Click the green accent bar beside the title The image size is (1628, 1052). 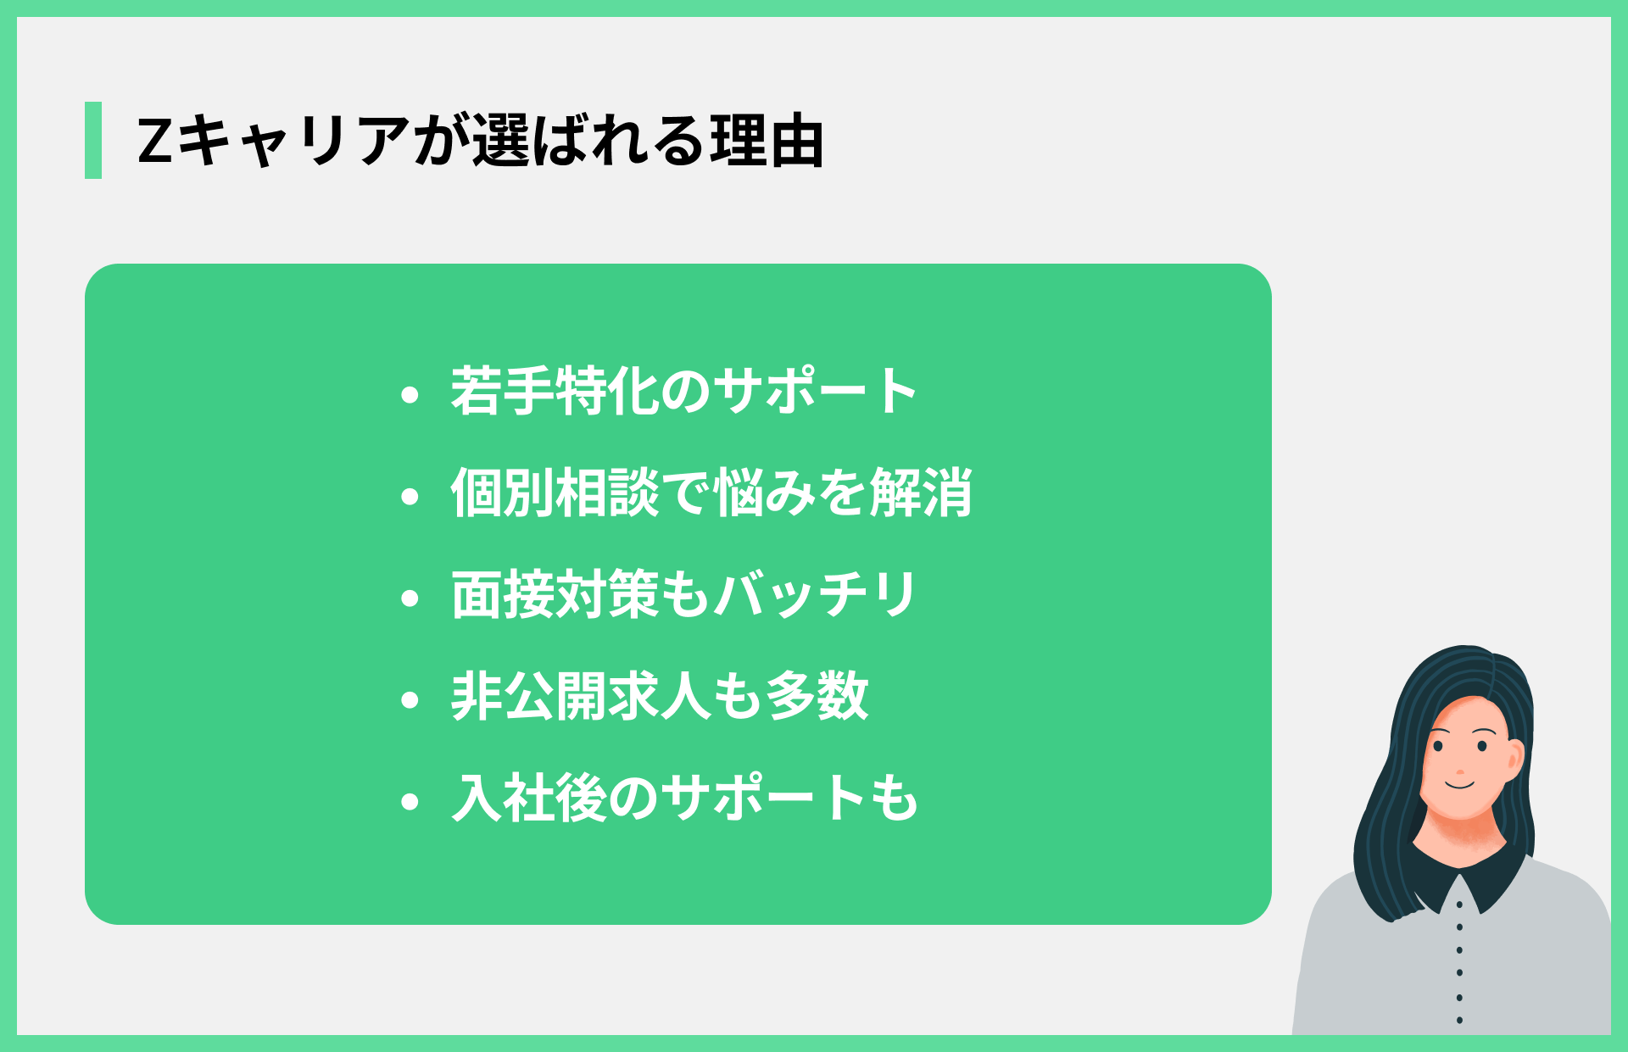(93, 140)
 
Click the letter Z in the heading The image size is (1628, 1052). (155, 141)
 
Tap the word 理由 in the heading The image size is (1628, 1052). (767, 141)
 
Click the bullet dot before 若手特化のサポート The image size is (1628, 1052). (410, 394)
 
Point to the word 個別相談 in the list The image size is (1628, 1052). (555, 493)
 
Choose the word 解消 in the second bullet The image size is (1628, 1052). (921, 493)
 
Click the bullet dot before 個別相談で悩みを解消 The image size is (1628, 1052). (410, 496)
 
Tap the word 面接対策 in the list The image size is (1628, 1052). (555, 594)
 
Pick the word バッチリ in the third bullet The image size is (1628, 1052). (815, 594)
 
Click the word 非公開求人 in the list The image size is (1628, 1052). (580, 696)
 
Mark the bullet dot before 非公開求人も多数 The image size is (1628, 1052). (410, 700)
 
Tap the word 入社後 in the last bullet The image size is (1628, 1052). (529, 798)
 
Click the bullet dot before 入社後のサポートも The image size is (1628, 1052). (410, 802)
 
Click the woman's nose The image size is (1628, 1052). (1460, 771)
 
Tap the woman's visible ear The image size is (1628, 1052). (1514, 759)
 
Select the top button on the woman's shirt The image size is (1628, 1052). (1459, 904)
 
